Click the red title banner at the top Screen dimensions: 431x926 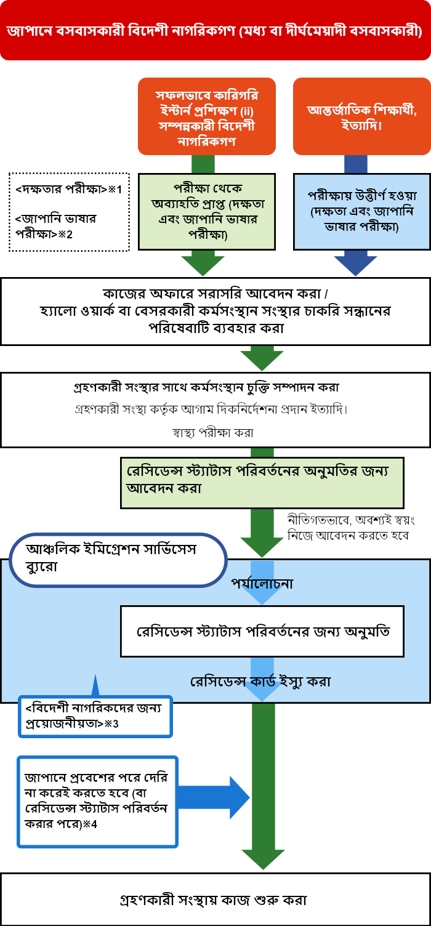tap(216, 30)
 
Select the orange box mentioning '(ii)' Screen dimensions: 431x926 tap(207, 116)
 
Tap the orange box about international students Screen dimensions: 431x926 tap(362, 116)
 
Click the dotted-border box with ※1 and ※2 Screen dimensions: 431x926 tap(69, 212)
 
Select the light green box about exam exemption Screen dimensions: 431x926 tap(207, 212)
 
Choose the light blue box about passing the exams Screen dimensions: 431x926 tap(362, 212)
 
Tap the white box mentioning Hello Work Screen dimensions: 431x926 tap(216, 312)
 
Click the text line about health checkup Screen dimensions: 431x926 tap(213, 432)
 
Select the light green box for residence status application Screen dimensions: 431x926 tap(262, 483)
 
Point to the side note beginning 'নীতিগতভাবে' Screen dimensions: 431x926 tap(351, 528)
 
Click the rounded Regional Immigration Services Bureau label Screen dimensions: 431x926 tap(118, 560)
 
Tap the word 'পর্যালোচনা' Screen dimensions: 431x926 tap(262, 583)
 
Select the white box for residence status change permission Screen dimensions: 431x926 tap(262, 631)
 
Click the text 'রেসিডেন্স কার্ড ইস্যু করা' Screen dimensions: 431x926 tap(260, 681)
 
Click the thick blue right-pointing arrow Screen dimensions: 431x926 tap(213, 797)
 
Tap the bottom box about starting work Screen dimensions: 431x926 tap(216, 900)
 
